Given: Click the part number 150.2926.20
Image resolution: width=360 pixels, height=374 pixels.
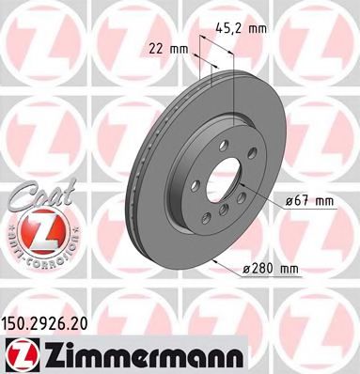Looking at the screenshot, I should click(x=56, y=320).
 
